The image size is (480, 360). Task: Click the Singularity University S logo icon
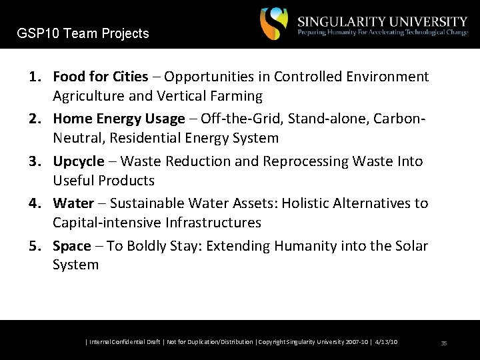pyautogui.click(x=274, y=24)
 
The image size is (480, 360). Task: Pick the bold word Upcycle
pyautogui.click(x=78, y=161)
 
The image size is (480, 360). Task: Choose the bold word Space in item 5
pyautogui.click(x=71, y=246)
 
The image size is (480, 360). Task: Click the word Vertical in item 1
pyautogui.click(x=176, y=96)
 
